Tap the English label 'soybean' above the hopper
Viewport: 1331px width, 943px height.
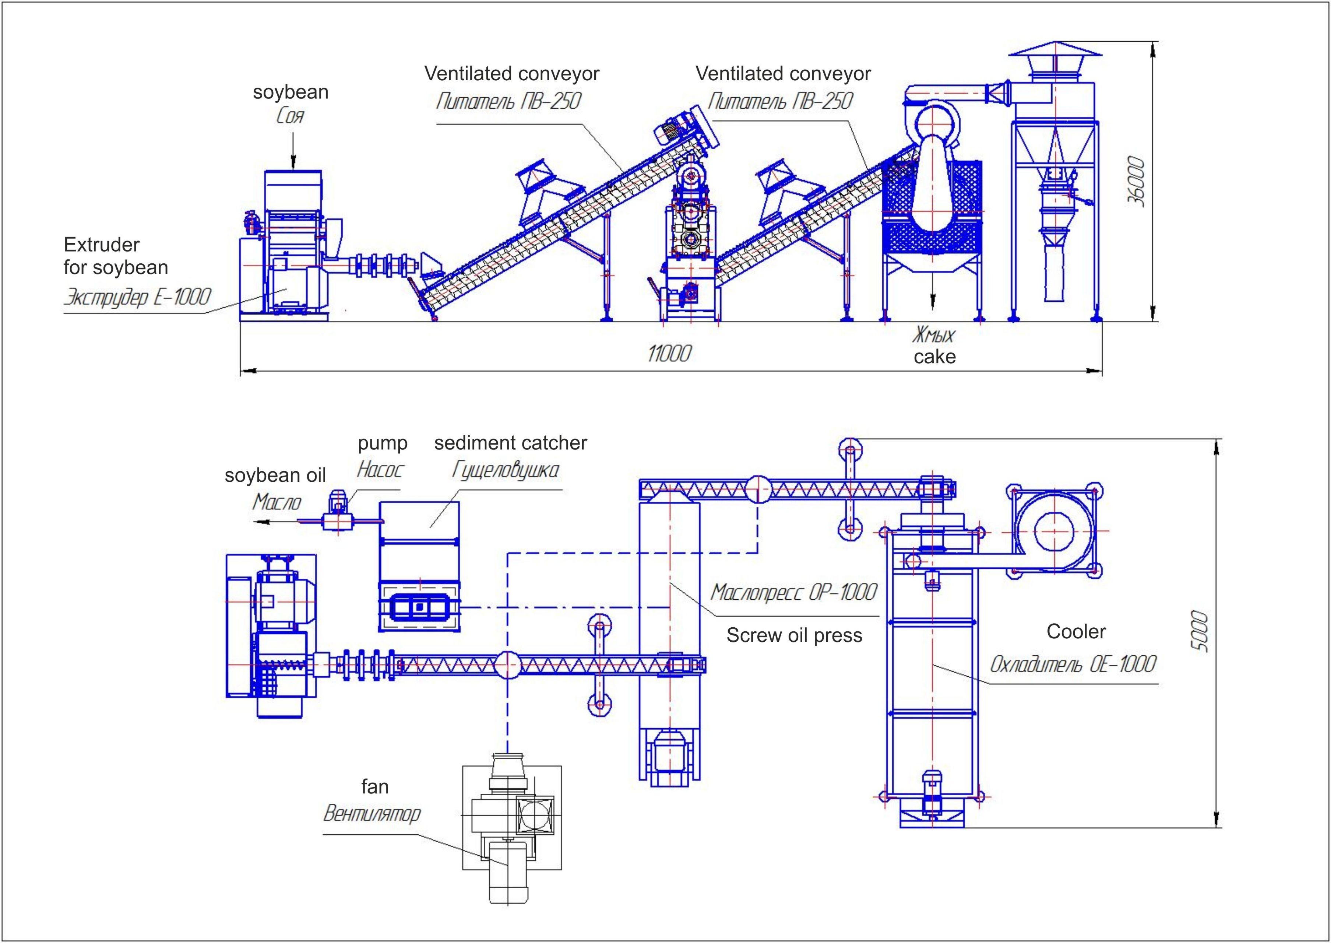(290, 92)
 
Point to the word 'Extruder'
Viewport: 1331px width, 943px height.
(102, 245)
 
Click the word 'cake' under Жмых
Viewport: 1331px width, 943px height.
(934, 357)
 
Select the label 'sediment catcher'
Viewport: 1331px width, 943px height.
(511, 443)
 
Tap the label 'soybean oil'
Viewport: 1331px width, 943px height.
(275, 476)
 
